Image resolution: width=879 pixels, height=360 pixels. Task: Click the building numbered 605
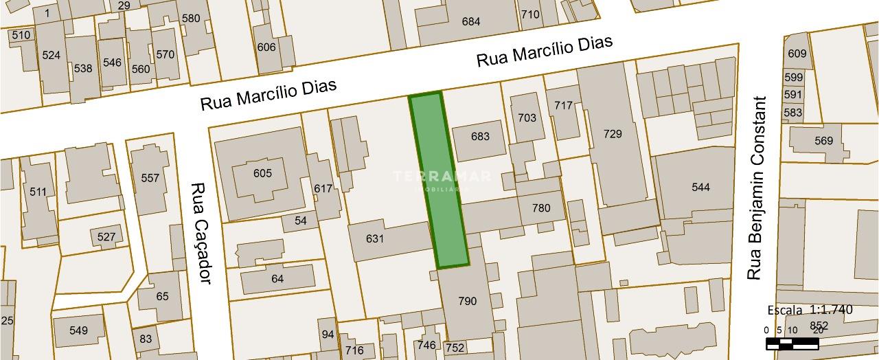[x=262, y=173]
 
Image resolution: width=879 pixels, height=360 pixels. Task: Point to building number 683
[x=480, y=136]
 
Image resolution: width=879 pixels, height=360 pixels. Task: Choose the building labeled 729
[x=613, y=133]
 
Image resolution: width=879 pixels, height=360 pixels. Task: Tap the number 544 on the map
[x=700, y=187]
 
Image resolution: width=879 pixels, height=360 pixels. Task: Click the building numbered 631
[x=374, y=239]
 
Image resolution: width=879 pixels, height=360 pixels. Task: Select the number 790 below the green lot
[x=467, y=301]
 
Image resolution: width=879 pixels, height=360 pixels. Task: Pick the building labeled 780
[x=541, y=207]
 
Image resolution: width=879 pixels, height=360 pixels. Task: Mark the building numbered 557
[x=150, y=178]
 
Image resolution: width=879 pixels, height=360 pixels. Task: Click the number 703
[x=527, y=117]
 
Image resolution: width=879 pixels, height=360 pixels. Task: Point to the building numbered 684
[x=470, y=21]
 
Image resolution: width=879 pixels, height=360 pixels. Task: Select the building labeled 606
[x=266, y=47]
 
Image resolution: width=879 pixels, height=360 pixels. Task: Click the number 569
[x=823, y=141]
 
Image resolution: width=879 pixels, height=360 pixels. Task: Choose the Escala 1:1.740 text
[x=810, y=310]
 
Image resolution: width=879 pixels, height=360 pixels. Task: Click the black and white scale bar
[x=797, y=343]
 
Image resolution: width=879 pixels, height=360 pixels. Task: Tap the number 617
[x=323, y=188]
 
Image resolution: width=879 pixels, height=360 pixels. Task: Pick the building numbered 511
[x=38, y=192]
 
